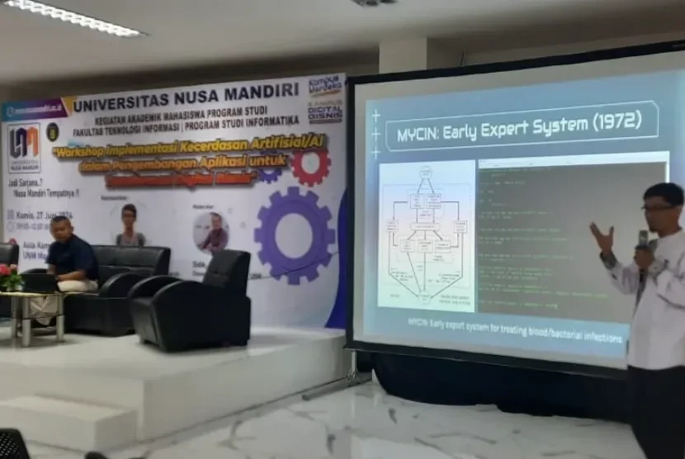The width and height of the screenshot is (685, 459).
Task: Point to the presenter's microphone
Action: tap(643, 242)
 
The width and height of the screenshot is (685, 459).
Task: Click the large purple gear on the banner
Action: tap(295, 235)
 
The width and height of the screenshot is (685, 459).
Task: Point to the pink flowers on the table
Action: tap(11, 277)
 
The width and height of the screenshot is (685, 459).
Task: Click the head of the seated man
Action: tap(61, 228)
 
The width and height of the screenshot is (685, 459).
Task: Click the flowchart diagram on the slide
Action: tap(426, 235)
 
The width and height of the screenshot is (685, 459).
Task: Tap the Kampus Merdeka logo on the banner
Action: tap(325, 85)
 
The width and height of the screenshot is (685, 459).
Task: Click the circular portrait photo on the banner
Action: tap(211, 231)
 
